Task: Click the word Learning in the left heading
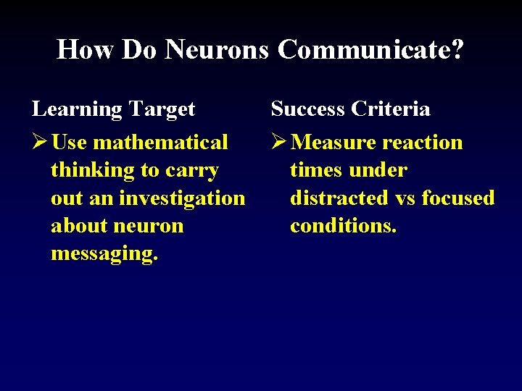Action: [77, 109]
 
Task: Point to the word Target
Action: [162, 109]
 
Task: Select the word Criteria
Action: [391, 109]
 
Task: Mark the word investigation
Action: [182, 198]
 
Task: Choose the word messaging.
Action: [104, 254]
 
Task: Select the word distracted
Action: [339, 198]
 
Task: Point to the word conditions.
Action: [343, 226]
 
